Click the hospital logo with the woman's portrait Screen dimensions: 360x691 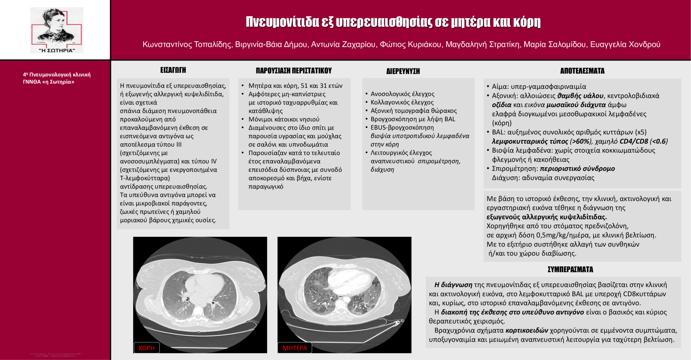coord(57,30)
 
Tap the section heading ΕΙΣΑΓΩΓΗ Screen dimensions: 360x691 coord(173,70)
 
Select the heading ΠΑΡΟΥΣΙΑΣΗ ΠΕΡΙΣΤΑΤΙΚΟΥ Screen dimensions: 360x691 coord(294,71)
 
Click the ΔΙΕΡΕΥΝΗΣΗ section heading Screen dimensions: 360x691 coord(403,71)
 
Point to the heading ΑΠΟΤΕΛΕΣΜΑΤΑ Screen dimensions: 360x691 coord(582,71)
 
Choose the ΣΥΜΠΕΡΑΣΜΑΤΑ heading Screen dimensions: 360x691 coord(570,269)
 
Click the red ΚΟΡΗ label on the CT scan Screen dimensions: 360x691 coord(146,348)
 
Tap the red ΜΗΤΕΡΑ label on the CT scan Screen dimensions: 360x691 coord(295,348)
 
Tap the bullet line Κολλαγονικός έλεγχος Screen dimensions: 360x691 coord(402,102)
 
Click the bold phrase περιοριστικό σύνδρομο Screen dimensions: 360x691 coord(577,169)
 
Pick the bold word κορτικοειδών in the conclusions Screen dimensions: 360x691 coord(527,330)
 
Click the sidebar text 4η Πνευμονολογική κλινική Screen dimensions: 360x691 coord(57,75)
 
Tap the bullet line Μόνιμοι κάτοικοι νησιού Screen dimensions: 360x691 coord(284,119)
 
